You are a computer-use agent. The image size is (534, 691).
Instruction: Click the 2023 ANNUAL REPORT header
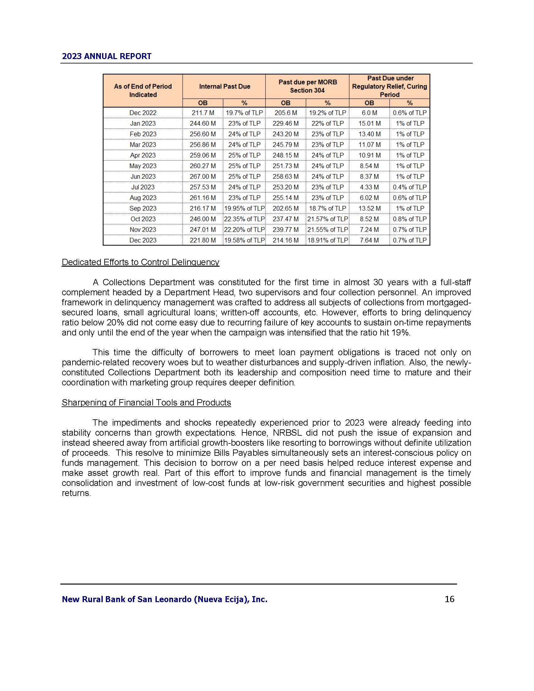(106, 56)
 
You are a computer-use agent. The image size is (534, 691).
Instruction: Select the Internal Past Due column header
(224, 86)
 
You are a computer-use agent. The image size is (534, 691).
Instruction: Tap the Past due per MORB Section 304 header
(307, 86)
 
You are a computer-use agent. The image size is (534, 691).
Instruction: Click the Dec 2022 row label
(143, 113)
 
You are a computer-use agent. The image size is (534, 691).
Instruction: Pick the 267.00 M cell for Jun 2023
(203, 177)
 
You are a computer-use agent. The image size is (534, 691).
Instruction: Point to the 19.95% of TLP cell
(244, 209)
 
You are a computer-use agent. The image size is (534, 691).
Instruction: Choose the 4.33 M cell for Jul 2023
(369, 187)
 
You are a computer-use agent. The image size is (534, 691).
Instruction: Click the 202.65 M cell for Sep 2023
(285, 209)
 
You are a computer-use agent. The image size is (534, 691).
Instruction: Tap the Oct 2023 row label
(143, 219)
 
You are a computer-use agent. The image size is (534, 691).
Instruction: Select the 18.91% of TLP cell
(327, 240)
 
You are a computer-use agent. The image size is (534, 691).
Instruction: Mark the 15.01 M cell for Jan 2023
(369, 123)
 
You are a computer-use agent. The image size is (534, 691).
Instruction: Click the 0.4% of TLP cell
(409, 187)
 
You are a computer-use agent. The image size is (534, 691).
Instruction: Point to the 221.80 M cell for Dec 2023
(203, 240)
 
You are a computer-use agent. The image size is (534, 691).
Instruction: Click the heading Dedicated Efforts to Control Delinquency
(140, 262)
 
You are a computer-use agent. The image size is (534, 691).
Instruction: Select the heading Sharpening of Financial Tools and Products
(146, 402)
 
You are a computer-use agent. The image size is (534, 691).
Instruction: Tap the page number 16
(449, 599)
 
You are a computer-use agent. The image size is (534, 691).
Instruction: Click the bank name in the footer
(165, 599)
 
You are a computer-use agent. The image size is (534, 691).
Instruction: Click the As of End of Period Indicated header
(143, 90)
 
